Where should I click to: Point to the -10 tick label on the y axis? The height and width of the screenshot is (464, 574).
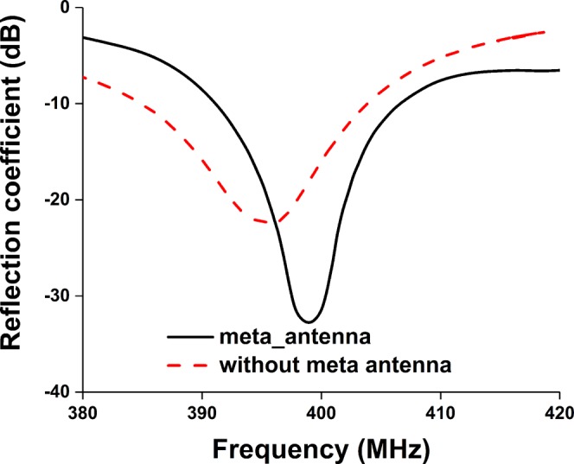(x=59, y=104)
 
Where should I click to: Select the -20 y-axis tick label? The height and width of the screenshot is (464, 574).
(x=59, y=200)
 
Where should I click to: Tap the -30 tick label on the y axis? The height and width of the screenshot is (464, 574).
(x=59, y=296)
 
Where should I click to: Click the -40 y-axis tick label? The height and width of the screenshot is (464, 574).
(x=59, y=391)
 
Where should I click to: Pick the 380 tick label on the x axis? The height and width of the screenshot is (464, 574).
(x=83, y=413)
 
